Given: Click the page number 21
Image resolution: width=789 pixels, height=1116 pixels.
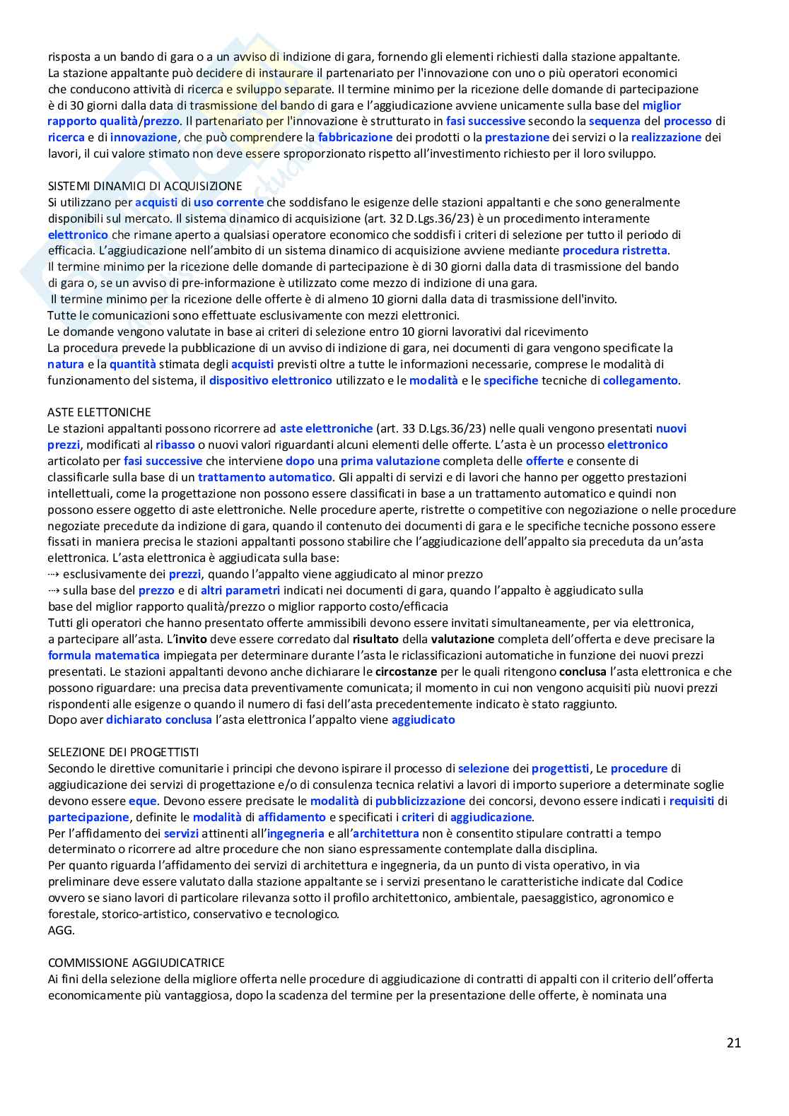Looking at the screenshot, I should [733, 1042].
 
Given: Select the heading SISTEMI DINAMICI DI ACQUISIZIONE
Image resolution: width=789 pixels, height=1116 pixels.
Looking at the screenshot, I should [145, 186].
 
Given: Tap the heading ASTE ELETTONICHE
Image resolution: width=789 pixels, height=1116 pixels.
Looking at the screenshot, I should [99, 412].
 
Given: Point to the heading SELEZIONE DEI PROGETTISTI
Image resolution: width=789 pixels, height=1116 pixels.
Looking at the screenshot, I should [123, 752].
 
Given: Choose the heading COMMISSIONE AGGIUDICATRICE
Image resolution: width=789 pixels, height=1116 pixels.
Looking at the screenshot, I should [136, 963].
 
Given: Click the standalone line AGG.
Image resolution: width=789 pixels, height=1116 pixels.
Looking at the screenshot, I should [61, 930].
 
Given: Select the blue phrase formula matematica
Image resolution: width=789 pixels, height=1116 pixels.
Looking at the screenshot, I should [104, 655].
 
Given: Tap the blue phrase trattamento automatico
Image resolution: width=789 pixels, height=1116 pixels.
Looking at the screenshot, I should [264, 477].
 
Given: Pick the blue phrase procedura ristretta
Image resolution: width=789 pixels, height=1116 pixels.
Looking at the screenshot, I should [614, 250].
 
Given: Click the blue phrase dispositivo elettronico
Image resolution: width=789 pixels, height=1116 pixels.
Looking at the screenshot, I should [270, 380].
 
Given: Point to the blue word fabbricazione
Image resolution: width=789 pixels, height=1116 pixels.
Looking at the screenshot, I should [355, 137].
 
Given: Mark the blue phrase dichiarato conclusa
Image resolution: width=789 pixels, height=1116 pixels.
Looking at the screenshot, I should [159, 719].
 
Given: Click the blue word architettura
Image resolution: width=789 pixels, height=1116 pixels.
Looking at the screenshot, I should [386, 833].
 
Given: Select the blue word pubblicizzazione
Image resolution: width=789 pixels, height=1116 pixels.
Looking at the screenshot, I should [420, 801].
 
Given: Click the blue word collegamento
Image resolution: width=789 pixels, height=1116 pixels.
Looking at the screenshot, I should [640, 380].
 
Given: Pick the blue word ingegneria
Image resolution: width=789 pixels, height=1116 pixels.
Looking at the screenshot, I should [296, 833].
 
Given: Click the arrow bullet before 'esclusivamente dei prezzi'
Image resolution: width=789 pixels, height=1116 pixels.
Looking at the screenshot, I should [54, 574].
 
